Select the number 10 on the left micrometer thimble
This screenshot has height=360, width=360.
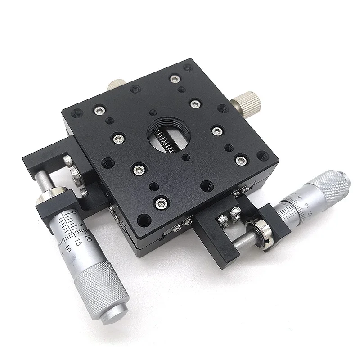coord(68,248)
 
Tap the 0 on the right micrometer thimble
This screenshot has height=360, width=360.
coord(307,206)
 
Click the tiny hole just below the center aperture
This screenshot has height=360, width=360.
coord(185,157)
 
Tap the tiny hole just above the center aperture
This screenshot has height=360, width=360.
coord(153,112)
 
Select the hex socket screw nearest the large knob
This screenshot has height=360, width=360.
coord(194,104)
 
